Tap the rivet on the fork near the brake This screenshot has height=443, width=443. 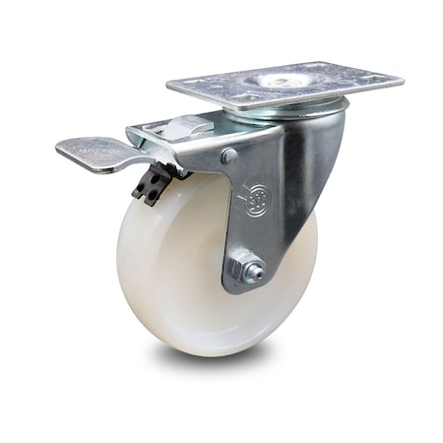coord(229,156)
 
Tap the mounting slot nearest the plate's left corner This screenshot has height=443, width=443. coord(192,88)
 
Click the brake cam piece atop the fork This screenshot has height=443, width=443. coord(177,127)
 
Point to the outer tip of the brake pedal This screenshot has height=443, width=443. coord(62,150)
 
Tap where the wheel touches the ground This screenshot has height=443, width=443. coord(197,351)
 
